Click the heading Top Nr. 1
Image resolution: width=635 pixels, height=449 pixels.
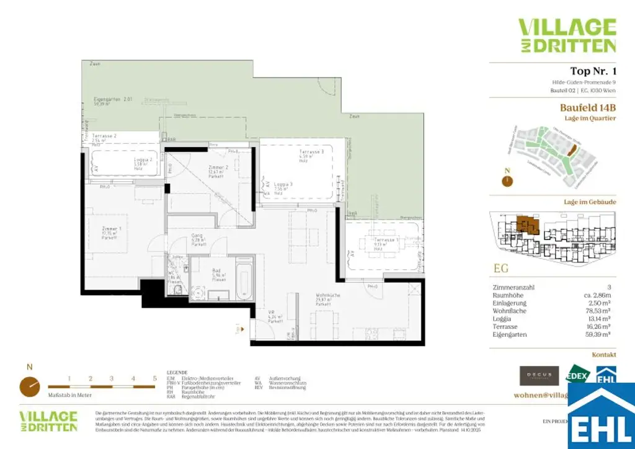click(593, 71)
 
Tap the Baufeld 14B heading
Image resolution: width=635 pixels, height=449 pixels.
click(588, 107)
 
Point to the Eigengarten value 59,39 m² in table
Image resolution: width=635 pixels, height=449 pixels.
click(600, 334)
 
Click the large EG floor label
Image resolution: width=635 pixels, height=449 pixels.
click(501, 268)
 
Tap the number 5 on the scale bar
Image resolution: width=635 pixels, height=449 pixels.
click(154, 378)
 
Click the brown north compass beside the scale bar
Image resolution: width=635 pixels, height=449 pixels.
click(30, 386)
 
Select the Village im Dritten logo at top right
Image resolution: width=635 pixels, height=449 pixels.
click(567, 36)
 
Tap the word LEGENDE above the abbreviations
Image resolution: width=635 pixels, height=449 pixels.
click(177, 373)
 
